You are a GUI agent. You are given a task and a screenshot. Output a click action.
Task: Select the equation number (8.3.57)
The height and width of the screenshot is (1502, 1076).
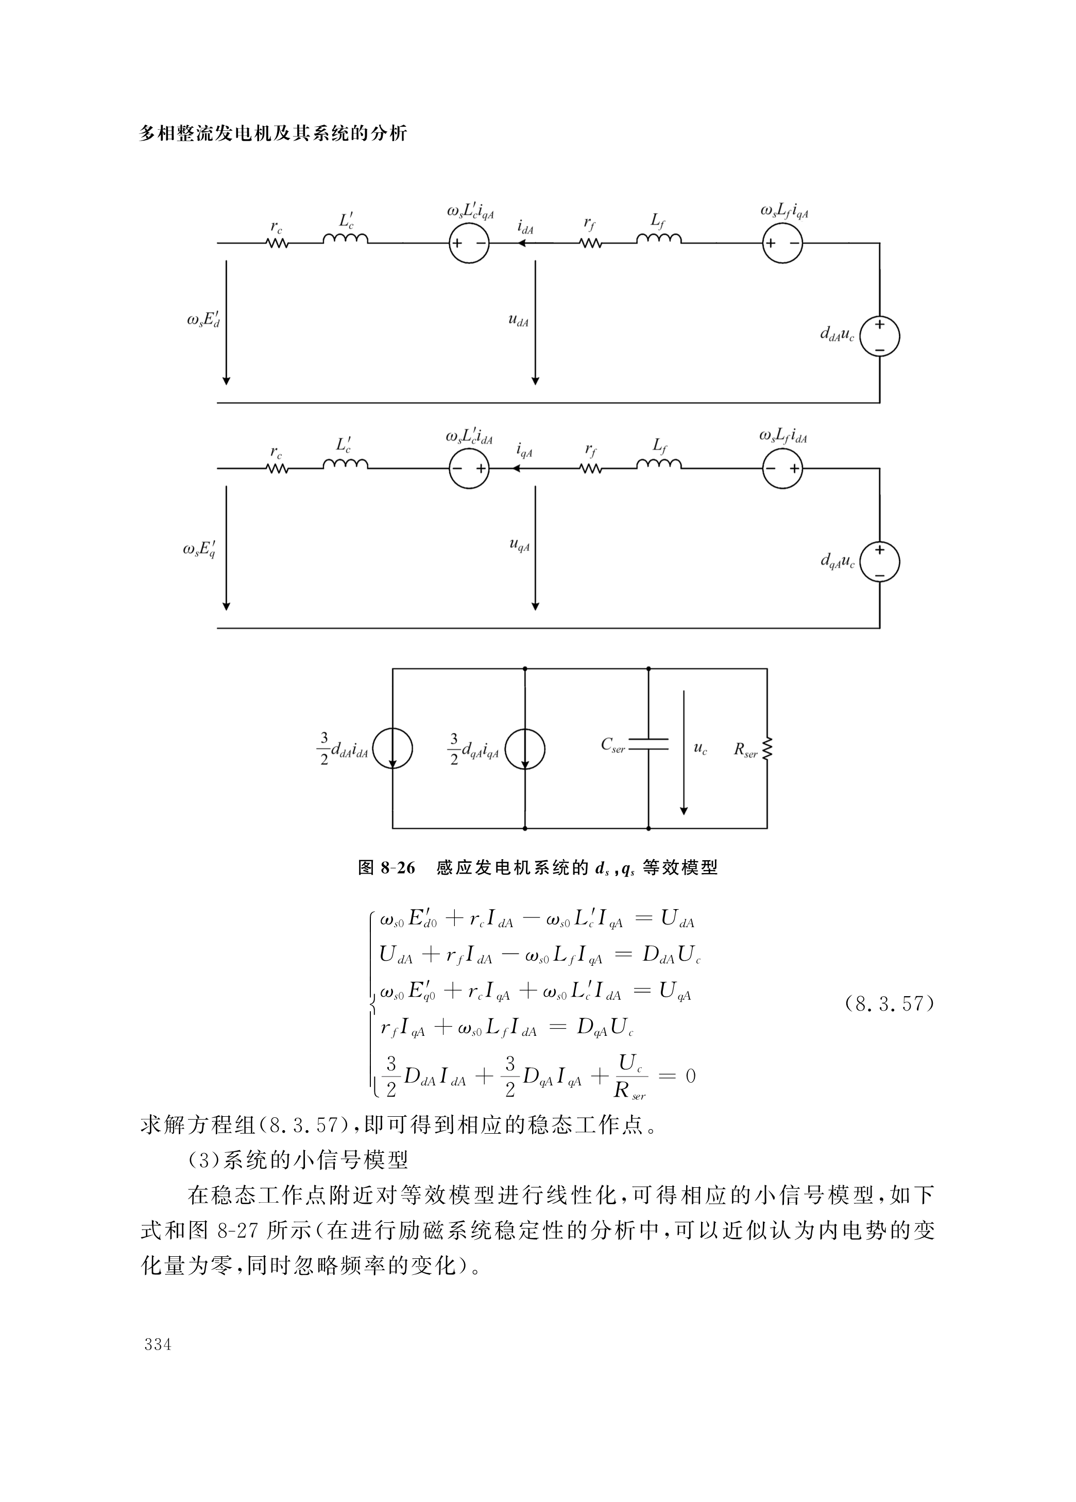pyautogui.click(x=889, y=1003)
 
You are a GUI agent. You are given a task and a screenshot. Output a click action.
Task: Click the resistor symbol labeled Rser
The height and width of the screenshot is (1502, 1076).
pyautogui.click(x=767, y=749)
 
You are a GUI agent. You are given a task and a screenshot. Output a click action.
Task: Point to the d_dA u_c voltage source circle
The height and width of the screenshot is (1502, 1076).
pyautogui.click(x=879, y=336)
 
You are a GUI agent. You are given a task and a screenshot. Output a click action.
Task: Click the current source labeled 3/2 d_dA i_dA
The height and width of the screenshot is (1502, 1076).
pyautogui.click(x=392, y=749)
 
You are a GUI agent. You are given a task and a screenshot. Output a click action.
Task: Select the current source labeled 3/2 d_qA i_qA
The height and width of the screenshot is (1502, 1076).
pyautogui.click(x=525, y=749)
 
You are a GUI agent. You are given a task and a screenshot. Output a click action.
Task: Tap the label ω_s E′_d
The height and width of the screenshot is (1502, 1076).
pyautogui.click(x=203, y=320)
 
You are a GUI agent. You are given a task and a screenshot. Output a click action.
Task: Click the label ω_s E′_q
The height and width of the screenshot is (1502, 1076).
pyautogui.click(x=199, y=550)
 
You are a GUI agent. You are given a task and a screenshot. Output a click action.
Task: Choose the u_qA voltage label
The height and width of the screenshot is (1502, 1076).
pyautogui.click(x=519, y=545)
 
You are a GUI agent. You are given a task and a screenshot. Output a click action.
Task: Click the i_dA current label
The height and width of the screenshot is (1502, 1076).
pyautogui.click(x=525, y=228)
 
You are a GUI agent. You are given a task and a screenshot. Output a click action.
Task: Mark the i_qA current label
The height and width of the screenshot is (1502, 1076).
pyautogui.click(x=524, y=452)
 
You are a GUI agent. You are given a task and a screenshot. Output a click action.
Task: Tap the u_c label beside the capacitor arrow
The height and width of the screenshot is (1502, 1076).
pyautogui.click(x=701, y=748)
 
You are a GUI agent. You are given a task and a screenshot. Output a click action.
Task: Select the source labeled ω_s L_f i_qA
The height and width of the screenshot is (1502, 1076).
pyautogui.click(x=783, y=243)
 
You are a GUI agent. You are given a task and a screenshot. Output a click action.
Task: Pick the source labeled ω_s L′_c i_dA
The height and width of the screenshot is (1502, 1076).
pyautogui.click(x=469, y=469)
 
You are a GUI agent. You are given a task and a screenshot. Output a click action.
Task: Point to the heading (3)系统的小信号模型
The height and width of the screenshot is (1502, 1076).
pyautogui.click(x=297, y=1159)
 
